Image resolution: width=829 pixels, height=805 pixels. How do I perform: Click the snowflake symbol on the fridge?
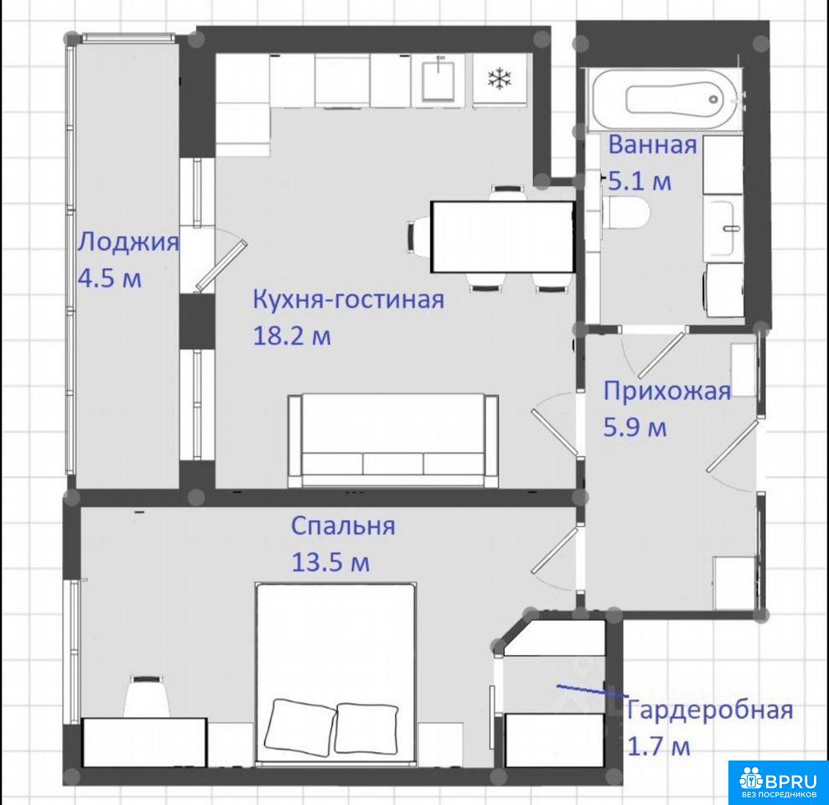(500, 80)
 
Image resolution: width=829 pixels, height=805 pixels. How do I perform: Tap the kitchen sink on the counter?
(438, 80)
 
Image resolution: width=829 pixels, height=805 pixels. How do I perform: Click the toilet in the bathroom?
(625, 213)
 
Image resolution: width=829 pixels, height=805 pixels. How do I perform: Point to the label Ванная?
(652, 145)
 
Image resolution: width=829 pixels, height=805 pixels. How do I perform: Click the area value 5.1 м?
(640, 181)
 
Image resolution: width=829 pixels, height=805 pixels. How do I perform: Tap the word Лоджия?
(128, 243)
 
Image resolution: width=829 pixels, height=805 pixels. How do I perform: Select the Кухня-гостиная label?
(349, 299)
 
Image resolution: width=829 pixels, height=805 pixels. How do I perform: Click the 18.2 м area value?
(292, 336)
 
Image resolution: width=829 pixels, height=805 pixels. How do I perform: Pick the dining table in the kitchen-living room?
(503, 237)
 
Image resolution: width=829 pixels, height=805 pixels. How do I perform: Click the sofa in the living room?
(393, 440)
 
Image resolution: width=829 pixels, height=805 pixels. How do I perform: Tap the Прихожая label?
(667, 392)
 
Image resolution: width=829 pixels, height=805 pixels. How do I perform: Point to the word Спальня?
(343, 527)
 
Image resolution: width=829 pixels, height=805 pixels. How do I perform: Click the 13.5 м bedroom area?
(330, 563)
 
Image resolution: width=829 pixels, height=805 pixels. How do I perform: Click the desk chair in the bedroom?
(147, 696)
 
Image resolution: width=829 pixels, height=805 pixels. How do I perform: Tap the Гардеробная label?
(709, 710)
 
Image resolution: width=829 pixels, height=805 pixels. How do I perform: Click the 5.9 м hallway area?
(635, 428)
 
